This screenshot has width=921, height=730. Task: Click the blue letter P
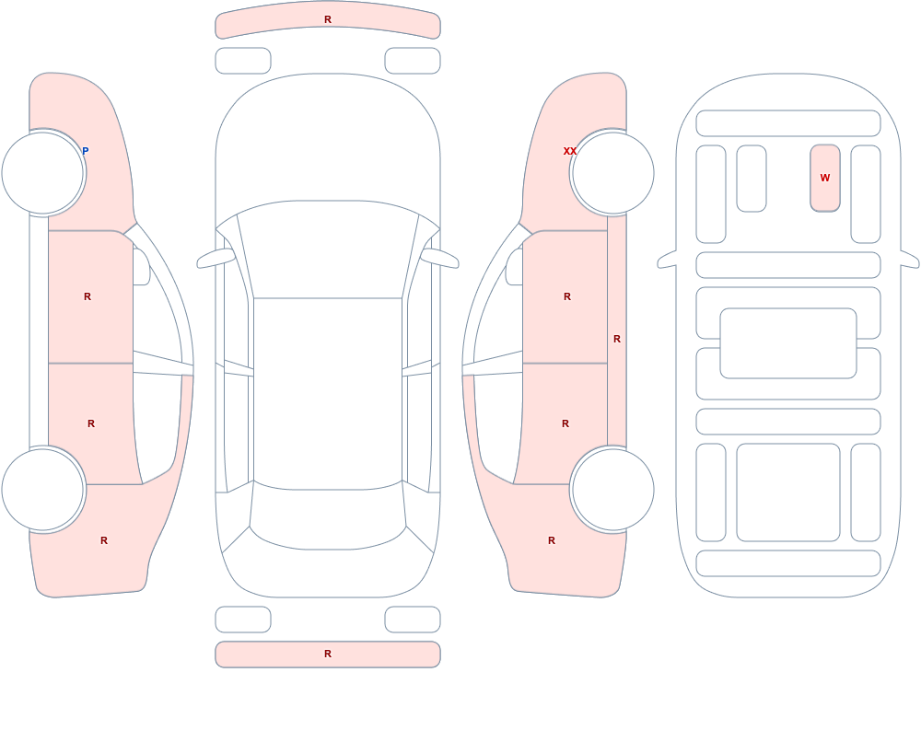click(85, 151)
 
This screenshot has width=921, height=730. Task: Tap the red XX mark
click(570, 151)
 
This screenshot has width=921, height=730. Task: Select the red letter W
click(824, 178)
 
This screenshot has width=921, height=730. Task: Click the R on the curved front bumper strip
click(328, 19)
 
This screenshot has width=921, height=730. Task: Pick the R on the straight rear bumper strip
click(328, 654)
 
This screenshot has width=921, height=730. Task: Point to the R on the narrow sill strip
click(617, 339)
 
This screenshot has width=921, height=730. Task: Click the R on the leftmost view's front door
click(87, 296)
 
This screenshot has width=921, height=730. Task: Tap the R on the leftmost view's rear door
click(91, 423)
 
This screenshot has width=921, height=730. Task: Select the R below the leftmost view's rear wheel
click(104, 540)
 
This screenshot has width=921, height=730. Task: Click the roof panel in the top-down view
click(328, 393)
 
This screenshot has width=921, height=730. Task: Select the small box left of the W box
click(752, 179)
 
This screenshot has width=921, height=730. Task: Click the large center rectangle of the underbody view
click(788, 343)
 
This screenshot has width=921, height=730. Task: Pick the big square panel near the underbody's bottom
click(788, 492)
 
